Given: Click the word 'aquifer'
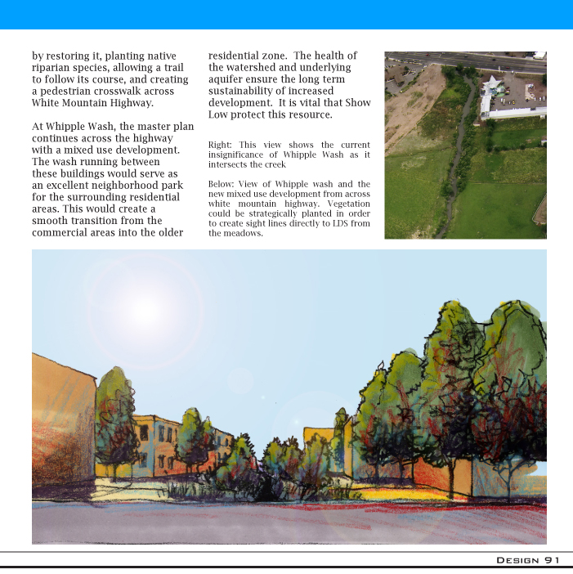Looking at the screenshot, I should [x=230, y=79].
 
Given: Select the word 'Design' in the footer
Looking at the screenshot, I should [x=517, y=559].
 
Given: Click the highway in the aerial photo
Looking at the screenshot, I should [x=474, y=61].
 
